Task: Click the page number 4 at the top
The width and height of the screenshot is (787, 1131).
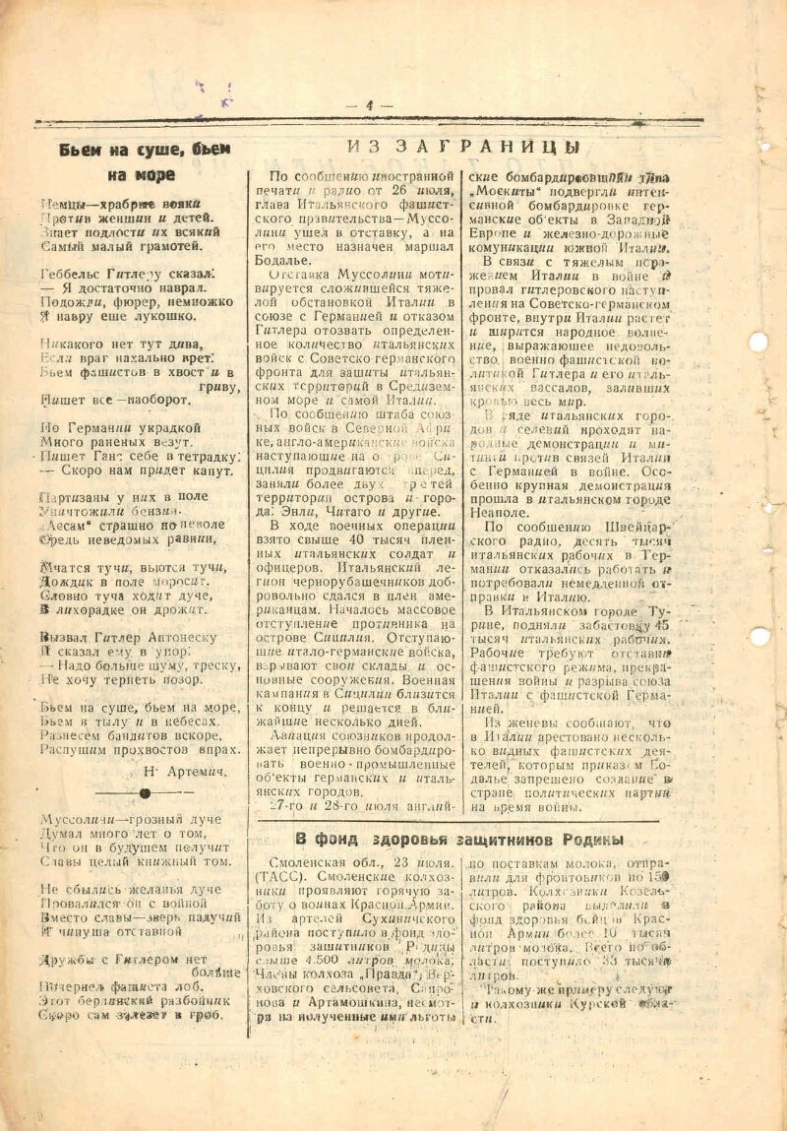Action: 370,104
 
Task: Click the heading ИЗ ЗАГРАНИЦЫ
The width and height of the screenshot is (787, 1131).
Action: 462,148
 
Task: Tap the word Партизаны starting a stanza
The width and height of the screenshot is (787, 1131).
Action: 78,500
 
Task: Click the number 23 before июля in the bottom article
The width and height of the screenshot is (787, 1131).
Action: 395,863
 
